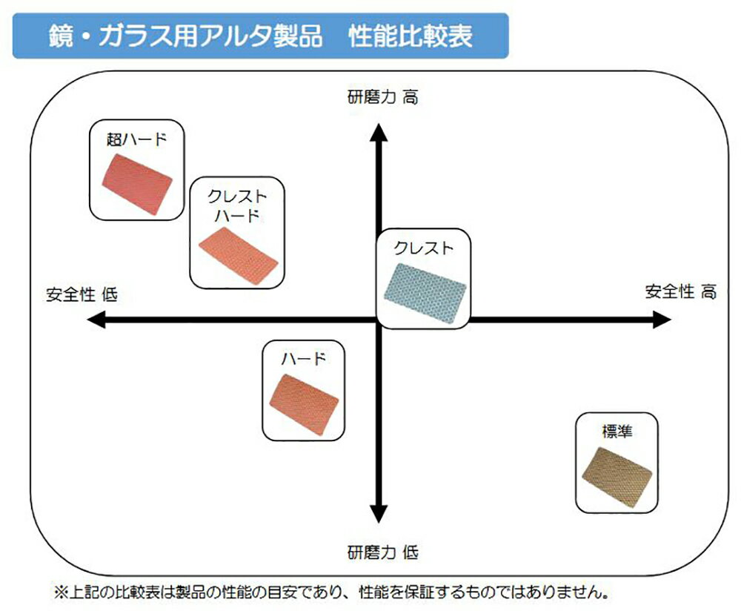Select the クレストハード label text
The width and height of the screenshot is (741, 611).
coord(237,206)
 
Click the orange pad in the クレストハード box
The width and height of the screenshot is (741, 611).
coord(239,252)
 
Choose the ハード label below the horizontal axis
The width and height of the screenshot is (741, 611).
coord(304,360)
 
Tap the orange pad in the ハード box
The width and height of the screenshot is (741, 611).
coord(305,401)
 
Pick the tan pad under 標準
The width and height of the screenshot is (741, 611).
coord(617,475)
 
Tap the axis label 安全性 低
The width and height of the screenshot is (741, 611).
coord(82,294)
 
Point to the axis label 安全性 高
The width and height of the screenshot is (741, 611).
coord(680,291)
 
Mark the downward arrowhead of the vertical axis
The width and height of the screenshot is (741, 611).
coord(379,513)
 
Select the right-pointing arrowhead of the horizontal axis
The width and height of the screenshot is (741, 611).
coord(662,320)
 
